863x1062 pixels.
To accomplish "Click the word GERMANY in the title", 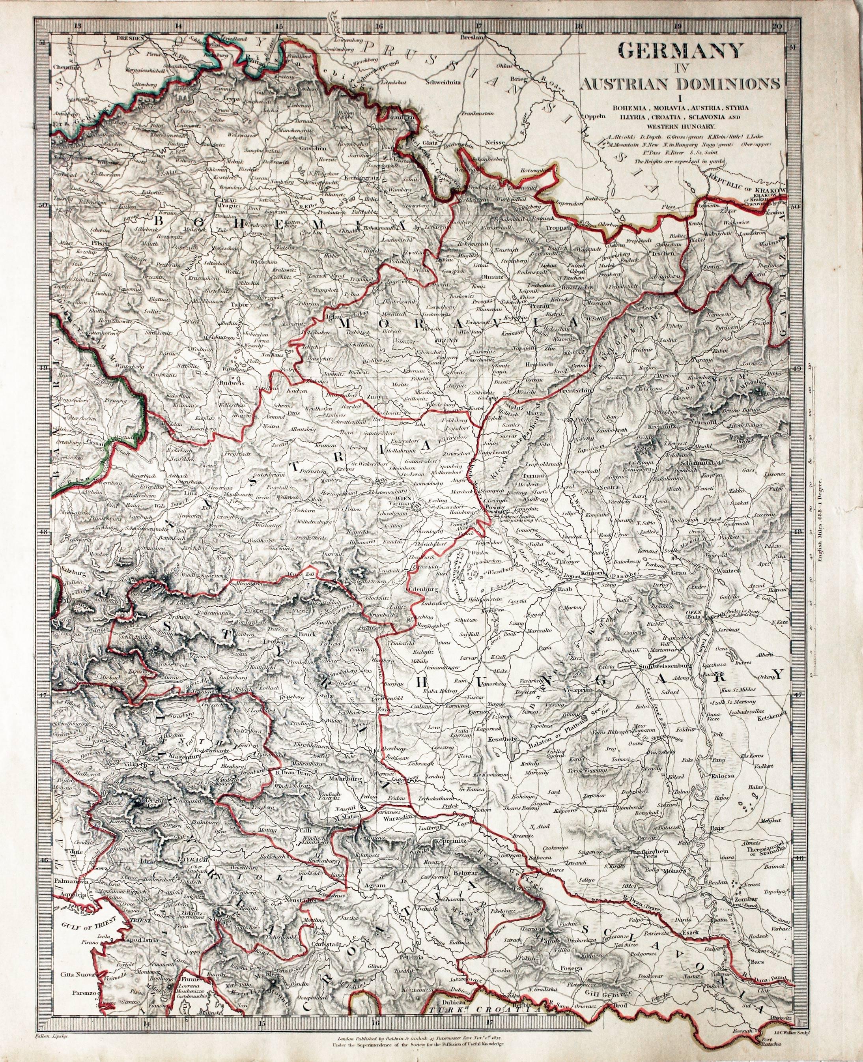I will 680,51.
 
